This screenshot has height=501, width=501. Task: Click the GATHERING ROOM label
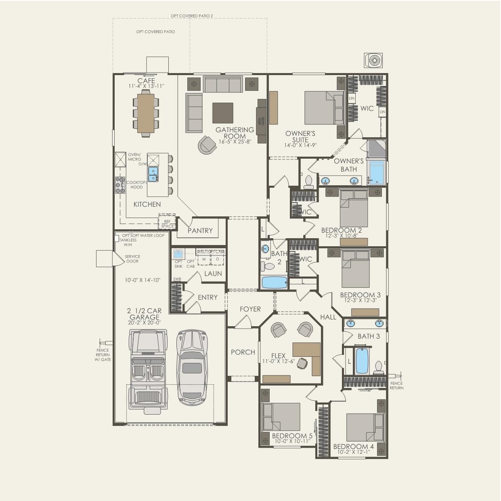235,133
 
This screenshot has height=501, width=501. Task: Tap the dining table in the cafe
146,113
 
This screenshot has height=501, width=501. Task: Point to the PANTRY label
200,231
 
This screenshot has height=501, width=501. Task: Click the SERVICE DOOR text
132,259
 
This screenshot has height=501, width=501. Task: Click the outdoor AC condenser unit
374,61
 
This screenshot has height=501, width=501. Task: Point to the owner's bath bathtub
377,173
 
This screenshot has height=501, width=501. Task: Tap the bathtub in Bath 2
274,283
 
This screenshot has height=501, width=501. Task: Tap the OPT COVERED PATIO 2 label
192,16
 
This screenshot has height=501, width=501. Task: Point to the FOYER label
250,309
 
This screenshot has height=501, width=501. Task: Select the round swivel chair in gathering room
207,144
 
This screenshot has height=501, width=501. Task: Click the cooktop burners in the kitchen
120,185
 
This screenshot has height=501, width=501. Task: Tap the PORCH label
243,352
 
